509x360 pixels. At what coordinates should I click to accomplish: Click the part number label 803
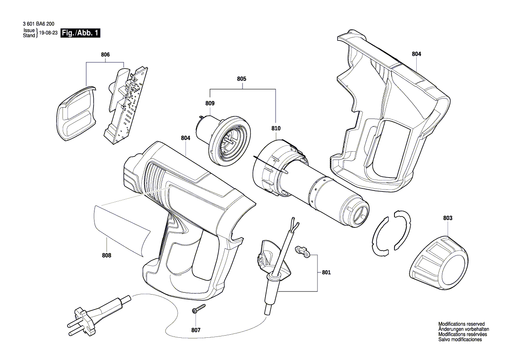448,217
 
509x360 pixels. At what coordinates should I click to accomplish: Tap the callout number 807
196,330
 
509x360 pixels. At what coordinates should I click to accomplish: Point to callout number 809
210,103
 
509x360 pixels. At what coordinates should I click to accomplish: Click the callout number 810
276,129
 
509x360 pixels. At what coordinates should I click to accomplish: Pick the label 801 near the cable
326,272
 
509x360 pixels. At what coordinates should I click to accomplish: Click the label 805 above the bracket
242,79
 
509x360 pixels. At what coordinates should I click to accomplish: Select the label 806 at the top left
105,54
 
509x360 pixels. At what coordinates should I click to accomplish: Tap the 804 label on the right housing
416,54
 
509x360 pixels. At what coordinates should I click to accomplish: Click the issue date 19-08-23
48,33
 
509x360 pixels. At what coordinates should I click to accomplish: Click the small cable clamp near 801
303,251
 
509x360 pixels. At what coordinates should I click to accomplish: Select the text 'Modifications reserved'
461,324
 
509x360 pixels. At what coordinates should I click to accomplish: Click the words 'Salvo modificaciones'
460,339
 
